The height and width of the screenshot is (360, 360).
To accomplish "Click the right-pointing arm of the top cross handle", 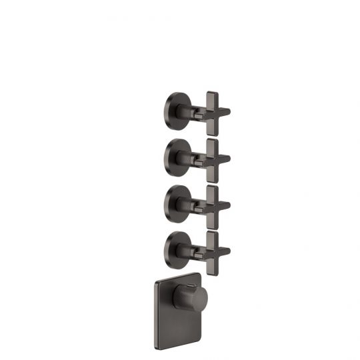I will point(225,111).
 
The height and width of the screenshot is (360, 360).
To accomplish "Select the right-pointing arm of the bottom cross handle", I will point(225,252).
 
